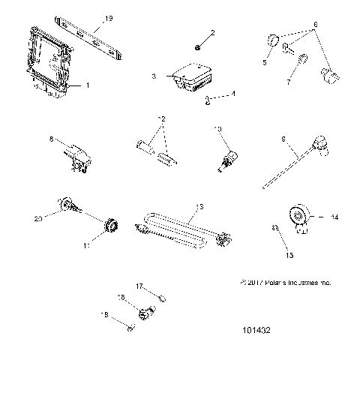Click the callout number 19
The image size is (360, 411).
109,18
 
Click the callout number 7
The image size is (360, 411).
290,82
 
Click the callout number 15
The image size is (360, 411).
289,255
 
